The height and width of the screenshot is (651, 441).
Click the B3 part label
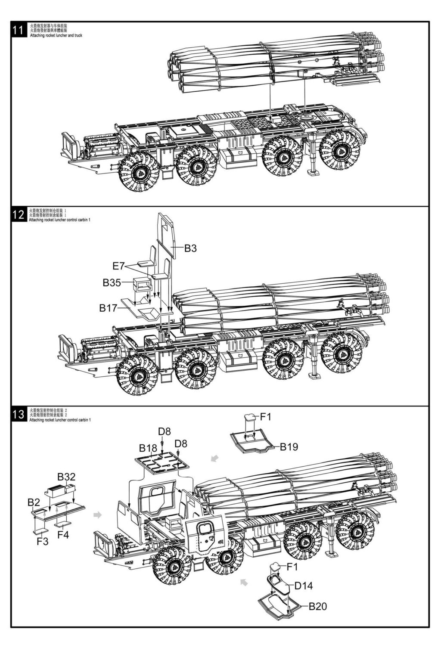click(190, 248)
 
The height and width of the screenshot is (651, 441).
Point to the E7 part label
click(118, 266)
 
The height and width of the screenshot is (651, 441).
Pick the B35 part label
click(112, 283)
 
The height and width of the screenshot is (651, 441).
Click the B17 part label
click(108, 308)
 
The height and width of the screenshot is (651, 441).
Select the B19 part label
click(289, 446)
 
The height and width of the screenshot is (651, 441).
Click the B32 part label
click(66, 477)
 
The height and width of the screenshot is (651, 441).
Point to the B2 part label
click(34, 502)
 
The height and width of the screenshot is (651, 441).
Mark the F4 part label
click(63, 535)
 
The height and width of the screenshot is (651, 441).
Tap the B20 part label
click(318, 607)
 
